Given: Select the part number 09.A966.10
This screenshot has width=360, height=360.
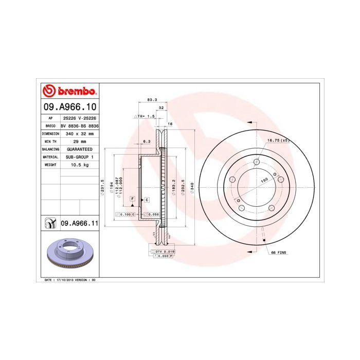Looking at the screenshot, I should [x=69, y=107].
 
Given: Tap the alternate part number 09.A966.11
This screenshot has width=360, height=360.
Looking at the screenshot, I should [x=79, y=223].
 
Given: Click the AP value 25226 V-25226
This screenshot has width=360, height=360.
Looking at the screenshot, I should [x=79, y=118].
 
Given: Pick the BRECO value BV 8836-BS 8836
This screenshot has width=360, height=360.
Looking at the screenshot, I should [x=79, y=125].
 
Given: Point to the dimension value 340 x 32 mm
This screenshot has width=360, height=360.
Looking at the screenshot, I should [x=79, y=133].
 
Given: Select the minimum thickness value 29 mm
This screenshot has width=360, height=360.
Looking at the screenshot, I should [x=79, y=141].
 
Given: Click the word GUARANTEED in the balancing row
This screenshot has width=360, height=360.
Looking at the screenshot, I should [x=79, y=149].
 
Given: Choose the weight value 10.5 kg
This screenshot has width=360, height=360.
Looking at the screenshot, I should [x=79, y=165].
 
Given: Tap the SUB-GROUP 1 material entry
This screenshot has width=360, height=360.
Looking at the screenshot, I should [x=79, y=156].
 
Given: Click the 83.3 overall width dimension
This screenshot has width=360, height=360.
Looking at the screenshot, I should [x=152, y=99].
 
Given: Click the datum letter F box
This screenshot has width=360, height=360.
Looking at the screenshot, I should [x=132, y=199].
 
